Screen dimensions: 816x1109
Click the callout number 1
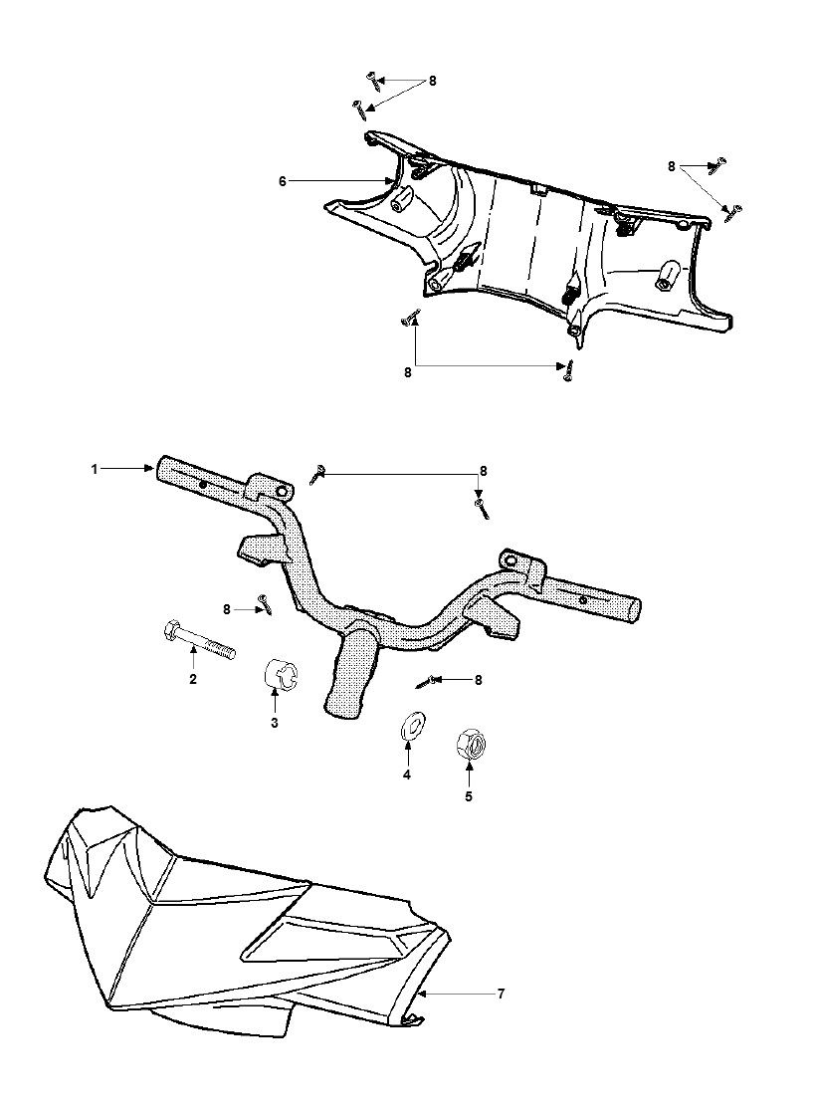[x=95, y=469]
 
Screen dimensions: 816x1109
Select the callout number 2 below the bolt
[x=192, y=679]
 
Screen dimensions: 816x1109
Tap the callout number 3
[x=275, y=723]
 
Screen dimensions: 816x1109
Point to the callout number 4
[x=407, y=776]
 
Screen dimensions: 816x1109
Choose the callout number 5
[x=468, y=796]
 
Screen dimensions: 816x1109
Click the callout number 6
[x=283, y=182]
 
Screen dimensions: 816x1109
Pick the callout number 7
[x=501, y=994]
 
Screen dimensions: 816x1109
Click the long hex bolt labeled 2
[x=199, y=639]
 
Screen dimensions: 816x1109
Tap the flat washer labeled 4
[x=409, y=729]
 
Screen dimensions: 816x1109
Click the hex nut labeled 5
[x=470, y=745]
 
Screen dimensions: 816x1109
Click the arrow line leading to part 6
[x=340, y=182]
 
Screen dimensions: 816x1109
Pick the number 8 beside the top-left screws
[x=432, y=82]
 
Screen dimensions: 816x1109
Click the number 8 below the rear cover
[x=408, y=372]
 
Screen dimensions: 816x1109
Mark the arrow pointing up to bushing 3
[x=275, y=700]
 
